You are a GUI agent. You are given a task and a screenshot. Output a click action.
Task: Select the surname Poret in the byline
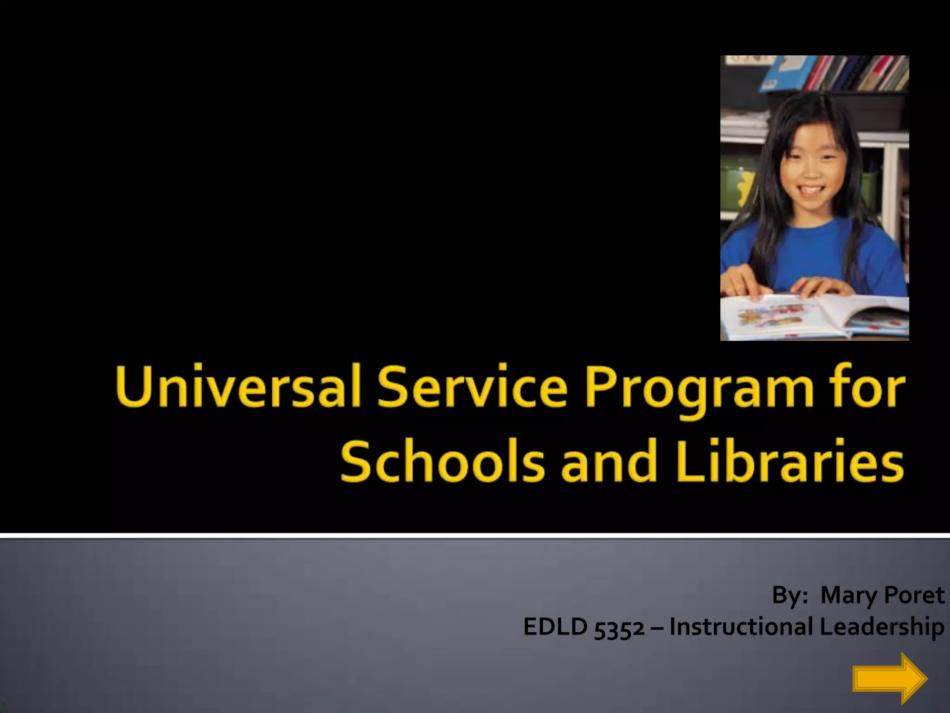point(914,595)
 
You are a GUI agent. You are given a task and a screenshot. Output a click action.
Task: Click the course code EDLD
point(555,627)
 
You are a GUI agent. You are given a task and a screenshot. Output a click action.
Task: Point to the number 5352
point(619,628)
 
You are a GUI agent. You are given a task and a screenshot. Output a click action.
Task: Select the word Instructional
point(740,627)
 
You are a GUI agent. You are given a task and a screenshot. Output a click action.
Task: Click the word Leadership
point(881,628)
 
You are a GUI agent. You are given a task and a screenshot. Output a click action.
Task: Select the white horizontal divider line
point(475,536)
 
